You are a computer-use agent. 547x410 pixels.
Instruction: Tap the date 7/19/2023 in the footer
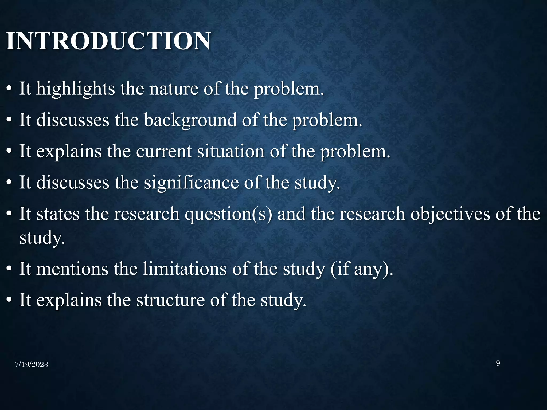(x=32, y=365)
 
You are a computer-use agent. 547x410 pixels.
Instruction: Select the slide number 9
(x=498, y=363)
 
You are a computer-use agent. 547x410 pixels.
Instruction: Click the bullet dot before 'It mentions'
(x=9, y=269)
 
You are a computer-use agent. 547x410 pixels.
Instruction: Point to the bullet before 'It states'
(x=9, y=215)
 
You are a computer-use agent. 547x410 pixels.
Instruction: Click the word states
(x=58, y=214)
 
